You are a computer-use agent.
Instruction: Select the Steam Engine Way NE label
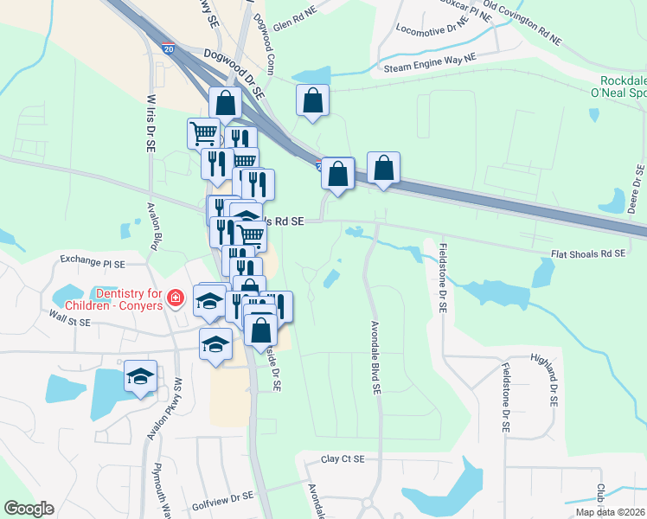click(430, 63)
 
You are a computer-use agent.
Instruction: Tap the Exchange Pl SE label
click(93, 259)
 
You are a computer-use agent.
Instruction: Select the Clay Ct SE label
click(343, 460)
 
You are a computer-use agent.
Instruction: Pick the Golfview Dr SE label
click(221, 497)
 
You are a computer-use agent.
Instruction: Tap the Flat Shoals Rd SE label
click(588, 254)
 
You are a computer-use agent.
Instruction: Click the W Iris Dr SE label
click(151, 120)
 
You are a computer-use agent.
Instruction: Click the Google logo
click(29, 509)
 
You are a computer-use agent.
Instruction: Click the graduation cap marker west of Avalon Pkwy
click(140, 377)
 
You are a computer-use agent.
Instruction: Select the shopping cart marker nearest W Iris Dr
click(202, 133)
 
